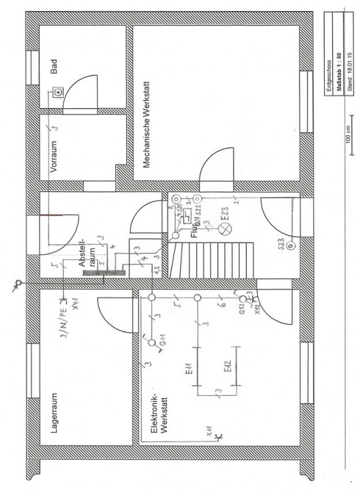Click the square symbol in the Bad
click(x=57, y=93)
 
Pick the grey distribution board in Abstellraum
click(x=103, y=273)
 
